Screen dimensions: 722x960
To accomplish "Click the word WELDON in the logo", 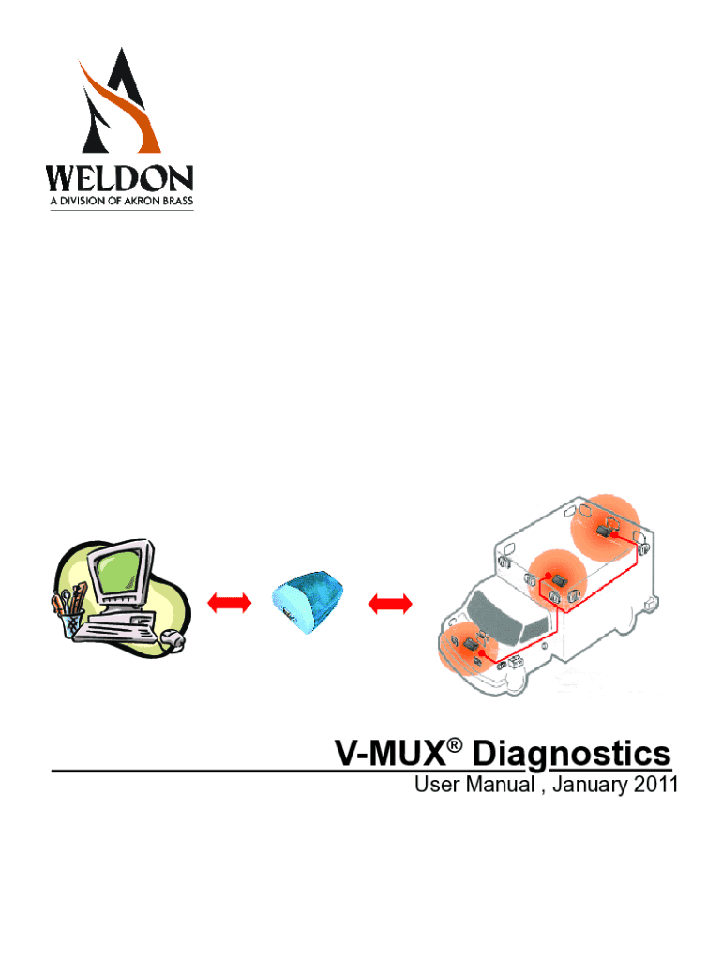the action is tap(120, 178).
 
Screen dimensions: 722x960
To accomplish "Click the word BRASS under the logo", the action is tap(177, 201).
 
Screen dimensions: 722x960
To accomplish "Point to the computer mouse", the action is tap(173, 638).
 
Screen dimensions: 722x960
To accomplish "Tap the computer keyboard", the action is tap(114, 628).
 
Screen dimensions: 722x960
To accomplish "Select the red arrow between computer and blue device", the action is tap(229, 603).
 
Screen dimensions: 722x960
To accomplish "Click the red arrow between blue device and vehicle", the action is tap(390, 604).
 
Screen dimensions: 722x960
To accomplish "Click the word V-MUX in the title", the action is tap(390, 754).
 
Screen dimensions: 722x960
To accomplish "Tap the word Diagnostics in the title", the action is tap(572, 755).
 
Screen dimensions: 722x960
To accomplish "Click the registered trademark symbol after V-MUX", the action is tap(454, 745).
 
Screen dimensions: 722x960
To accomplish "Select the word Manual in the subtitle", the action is tap(501, 785).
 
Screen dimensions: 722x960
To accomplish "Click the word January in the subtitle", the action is tap(590, 786).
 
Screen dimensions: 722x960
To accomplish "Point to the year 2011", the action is tap(655, 785).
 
